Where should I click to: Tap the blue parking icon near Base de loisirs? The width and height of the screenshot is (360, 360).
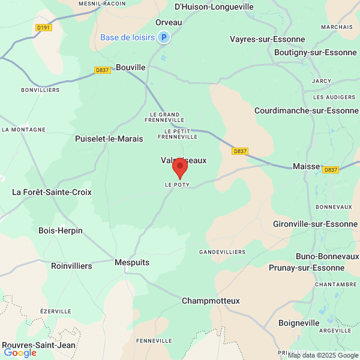pyautogui.click(x=164, y=37)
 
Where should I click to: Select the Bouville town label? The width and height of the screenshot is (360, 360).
pyautogui.click(x=131, y=68)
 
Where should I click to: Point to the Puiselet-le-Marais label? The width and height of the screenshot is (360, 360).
pyautogui.click(x=109, y=139)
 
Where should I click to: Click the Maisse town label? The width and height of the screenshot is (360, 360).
pyautogui.click(x=306, y=166)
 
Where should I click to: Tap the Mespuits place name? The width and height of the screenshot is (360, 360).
pyautogui.click(x=131, y=263)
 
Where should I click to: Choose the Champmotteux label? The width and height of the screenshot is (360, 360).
pyautogui.click(x=211, y=301)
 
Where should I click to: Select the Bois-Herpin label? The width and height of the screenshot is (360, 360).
pyautogui.click(x=61, y=230)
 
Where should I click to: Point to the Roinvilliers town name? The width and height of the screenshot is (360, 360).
pyautogui.click(x=71, y=266)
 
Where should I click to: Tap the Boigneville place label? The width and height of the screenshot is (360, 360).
pyautogui.click(x=299, y=323)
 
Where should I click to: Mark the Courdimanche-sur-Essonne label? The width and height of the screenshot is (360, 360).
pyautogui.click(x=306, y=110)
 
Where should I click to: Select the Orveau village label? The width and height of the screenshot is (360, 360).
pyautogui.click(x=169, y=22)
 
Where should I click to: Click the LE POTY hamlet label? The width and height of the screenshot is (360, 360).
pyautogui.click(x=177, y=185)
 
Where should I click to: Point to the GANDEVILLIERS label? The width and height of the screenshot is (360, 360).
pyautogui.click(x=223, y=251)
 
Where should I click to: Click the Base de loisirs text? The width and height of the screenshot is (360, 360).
pyautogui.click(x=127, y=37)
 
